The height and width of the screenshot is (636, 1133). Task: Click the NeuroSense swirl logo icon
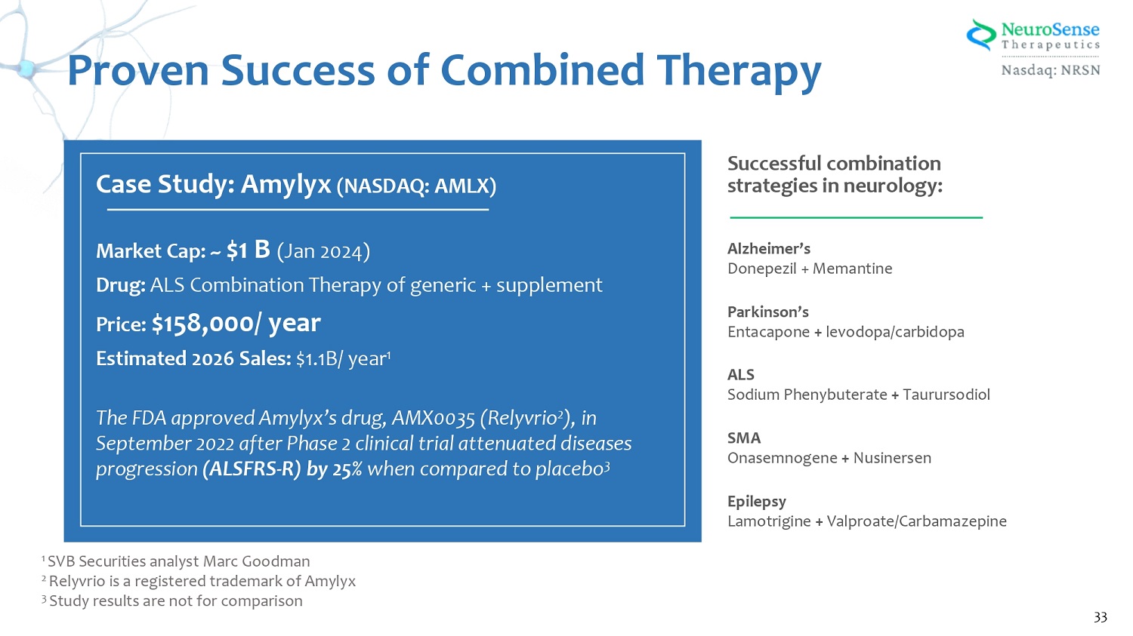(981, 35)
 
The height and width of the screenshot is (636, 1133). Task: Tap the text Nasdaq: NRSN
(1051, 69)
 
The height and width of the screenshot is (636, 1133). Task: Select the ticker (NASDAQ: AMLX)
(416, 186)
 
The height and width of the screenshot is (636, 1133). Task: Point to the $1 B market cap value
(249, 250)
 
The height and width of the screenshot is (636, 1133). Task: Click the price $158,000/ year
(236, 323)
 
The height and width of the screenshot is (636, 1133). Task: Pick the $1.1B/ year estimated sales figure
(344, 358)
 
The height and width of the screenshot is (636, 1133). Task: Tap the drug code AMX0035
(433, 418)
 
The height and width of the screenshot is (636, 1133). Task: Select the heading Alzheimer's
(769, 248)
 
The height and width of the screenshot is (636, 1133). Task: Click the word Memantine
(852, 269)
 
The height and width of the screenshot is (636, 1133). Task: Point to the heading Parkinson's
(768, 312)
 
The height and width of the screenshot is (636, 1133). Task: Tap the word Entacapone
(768, 332)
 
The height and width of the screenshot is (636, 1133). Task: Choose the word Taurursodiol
(946, 394)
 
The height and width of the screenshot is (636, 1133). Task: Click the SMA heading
(744, 438)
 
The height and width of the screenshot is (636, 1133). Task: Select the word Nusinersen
(892, 458)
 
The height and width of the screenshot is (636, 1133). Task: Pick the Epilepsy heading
(757, 502)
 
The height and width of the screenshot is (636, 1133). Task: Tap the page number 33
(1100, 617)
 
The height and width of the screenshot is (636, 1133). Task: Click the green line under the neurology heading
(856, 218)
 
